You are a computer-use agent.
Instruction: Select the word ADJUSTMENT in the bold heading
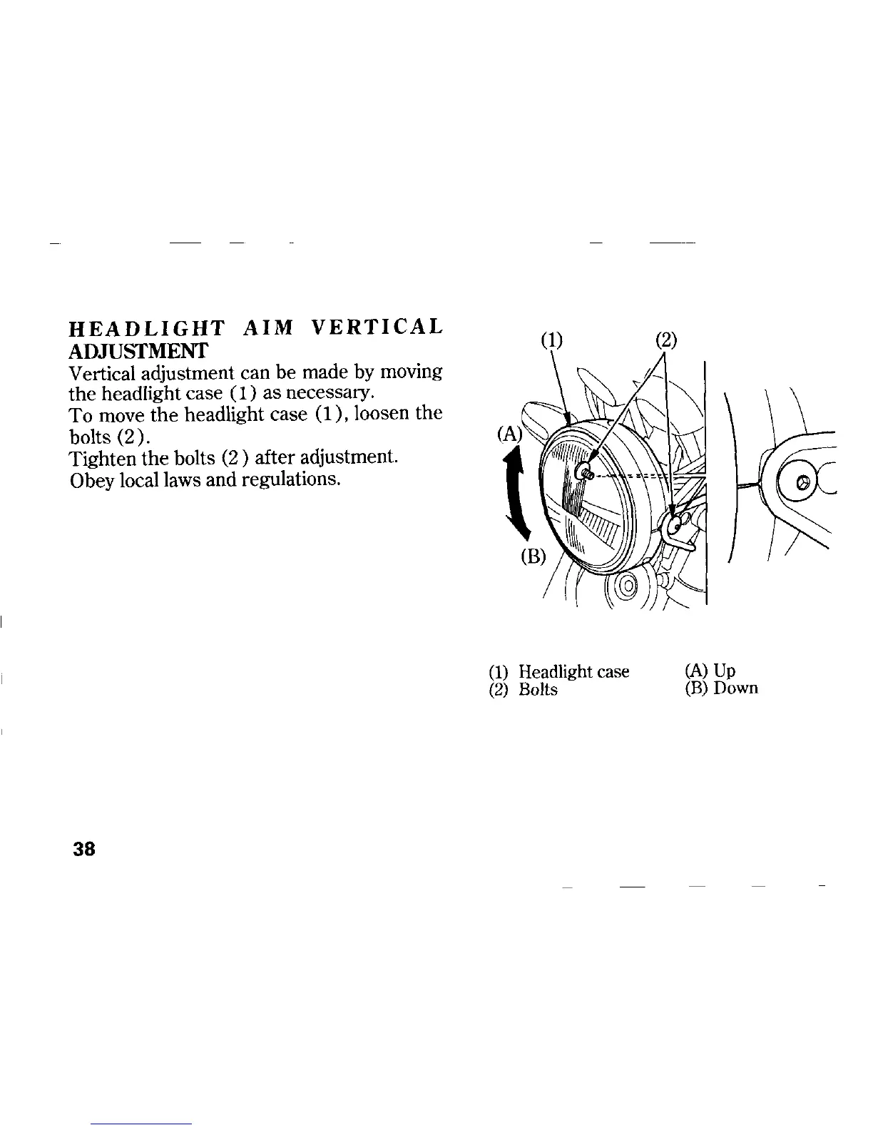[138, 350]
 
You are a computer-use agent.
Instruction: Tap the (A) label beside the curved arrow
[511, 434]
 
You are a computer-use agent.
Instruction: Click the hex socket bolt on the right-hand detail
[804, 483]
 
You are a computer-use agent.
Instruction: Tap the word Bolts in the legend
[538, 691]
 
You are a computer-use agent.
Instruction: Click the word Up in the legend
[725, 671]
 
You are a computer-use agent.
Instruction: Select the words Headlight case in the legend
[573, 671]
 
